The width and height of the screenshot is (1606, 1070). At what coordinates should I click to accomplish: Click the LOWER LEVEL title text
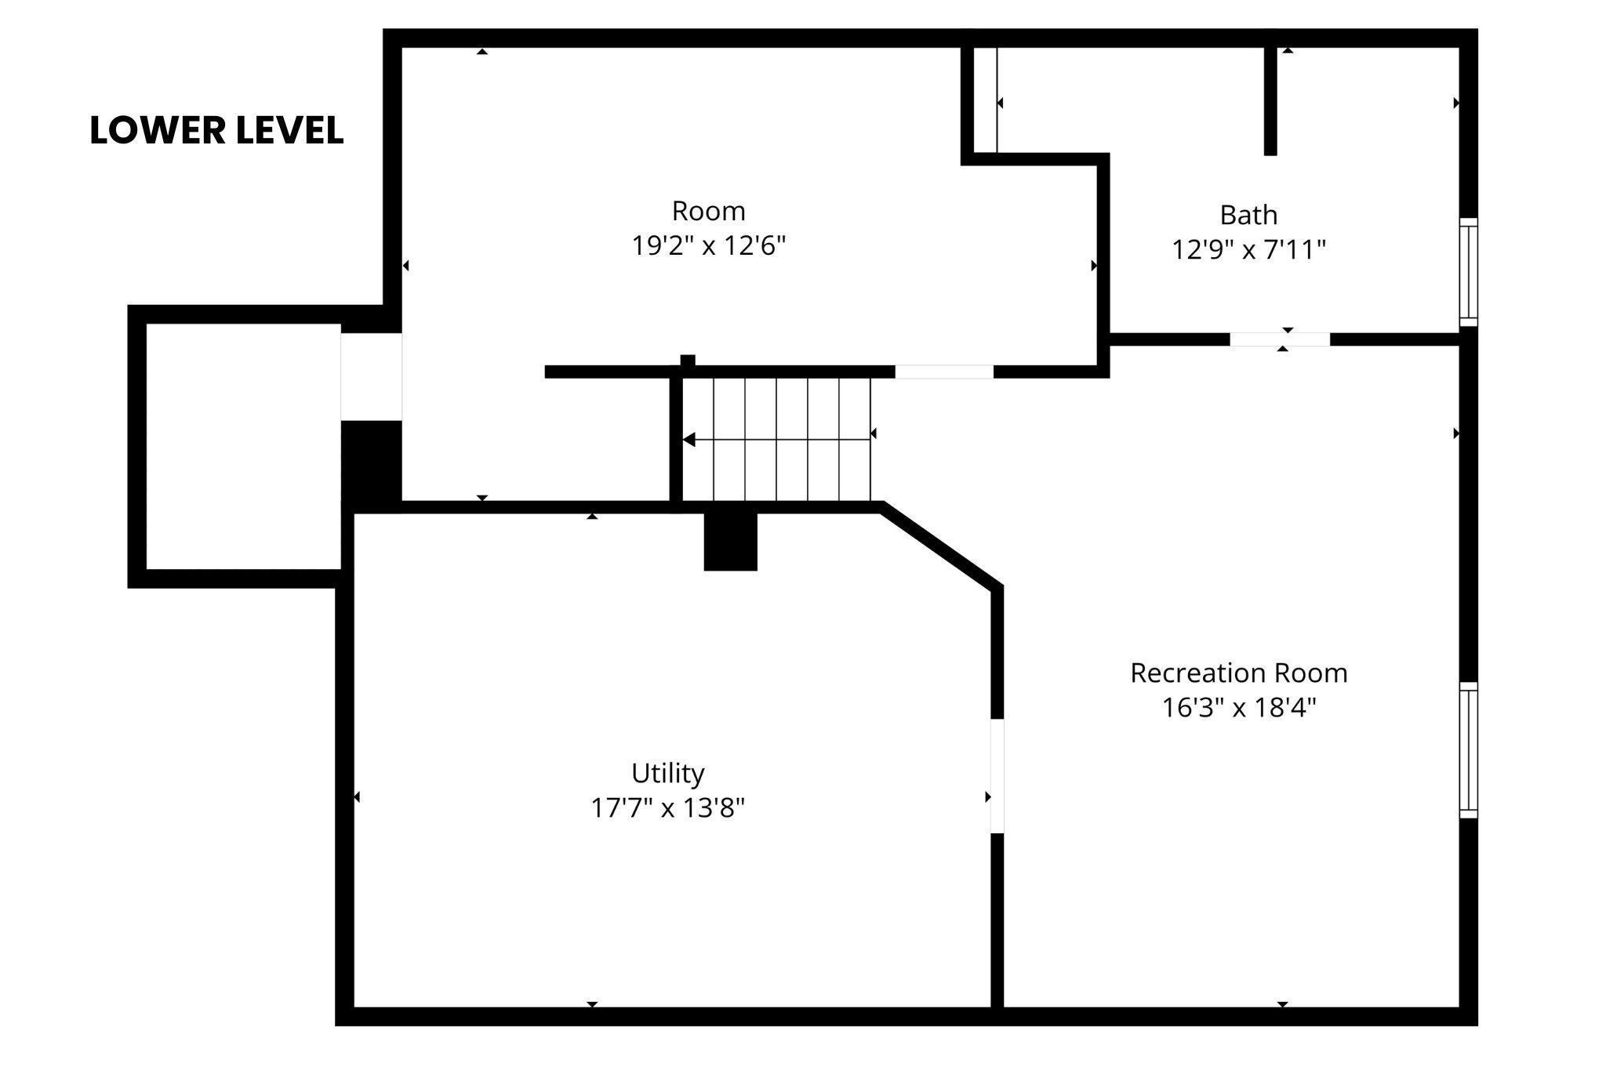[216, 130]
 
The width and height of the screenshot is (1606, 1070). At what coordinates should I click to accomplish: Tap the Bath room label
[1248, 215]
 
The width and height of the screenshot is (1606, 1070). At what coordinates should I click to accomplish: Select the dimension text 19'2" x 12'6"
[709, 246]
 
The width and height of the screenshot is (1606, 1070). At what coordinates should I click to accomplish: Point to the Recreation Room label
[1239, 673]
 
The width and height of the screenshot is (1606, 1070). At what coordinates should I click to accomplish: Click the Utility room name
[668, 774]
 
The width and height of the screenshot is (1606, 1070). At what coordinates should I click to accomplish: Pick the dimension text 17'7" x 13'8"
[668, 807]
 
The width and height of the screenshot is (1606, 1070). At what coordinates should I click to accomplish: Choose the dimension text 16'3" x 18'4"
[1239, 707]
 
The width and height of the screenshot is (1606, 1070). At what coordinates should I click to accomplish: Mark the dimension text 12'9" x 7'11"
[1248, 250]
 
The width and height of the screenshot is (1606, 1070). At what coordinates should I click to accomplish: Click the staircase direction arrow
[776, 440]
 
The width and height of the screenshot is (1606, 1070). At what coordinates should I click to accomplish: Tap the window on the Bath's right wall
[1468, 272]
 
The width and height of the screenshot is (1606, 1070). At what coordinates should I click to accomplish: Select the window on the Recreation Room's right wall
[1468, 750]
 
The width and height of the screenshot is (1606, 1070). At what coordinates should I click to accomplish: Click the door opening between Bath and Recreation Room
[1280, 339]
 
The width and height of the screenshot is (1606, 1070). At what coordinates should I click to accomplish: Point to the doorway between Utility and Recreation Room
[997, 776]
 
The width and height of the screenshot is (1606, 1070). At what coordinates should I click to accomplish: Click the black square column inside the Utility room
[731, 542]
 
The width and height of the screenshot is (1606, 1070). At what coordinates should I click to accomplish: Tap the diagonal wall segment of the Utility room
[942, 546]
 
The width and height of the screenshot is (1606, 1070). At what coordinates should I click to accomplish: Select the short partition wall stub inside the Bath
[1270, 101]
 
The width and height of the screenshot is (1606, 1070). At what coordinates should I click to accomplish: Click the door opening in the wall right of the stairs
[944, 372]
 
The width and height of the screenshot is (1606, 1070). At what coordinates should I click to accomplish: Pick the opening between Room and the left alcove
[372, 377]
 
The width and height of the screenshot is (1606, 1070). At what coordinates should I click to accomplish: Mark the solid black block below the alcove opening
[372, 461]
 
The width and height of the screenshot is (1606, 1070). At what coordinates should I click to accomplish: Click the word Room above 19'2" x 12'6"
[709, 212]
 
